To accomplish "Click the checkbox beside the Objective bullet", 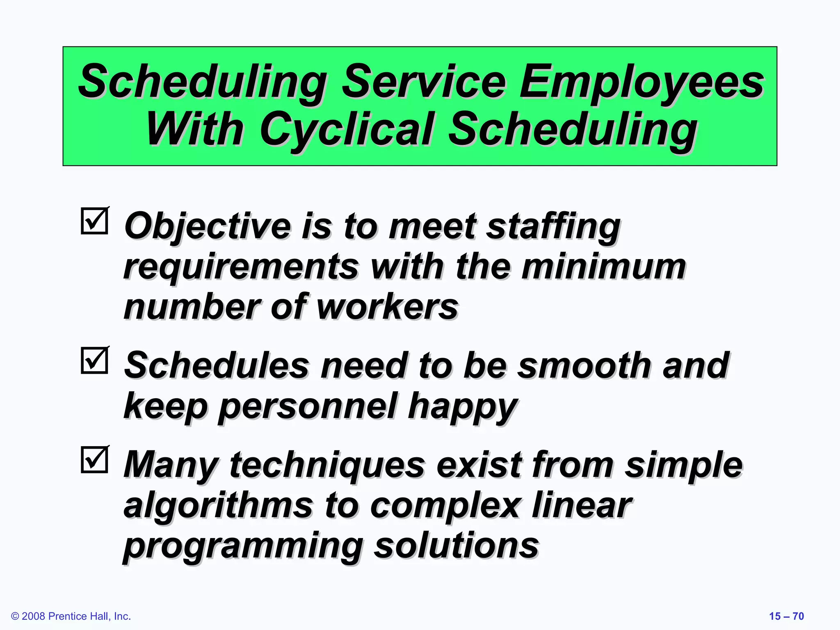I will pos(95,221).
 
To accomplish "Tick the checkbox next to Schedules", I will pos(95,361).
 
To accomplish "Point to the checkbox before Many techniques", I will pos(95,460).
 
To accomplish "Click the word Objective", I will pos(208,226).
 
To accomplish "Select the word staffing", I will pos(553,226).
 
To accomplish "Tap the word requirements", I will pos(241,267).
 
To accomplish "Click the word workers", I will pos(388,307).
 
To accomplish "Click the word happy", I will pos(463,406).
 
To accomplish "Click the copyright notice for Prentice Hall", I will pos(71,616).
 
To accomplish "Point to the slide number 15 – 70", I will pos(786,616).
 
